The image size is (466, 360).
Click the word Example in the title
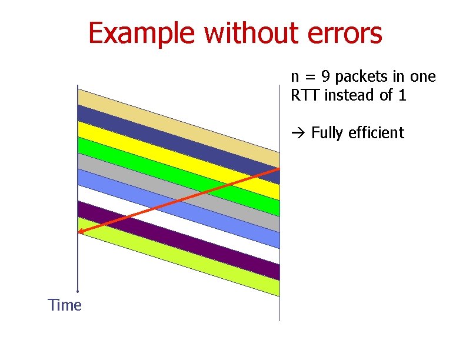[141, 34]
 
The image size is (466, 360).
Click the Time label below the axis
[65, 305]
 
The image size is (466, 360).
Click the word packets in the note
[357, 77]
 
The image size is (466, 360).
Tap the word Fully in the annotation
[327, 133]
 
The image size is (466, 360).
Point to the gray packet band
[118, 171]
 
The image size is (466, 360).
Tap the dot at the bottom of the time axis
[78, 291]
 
